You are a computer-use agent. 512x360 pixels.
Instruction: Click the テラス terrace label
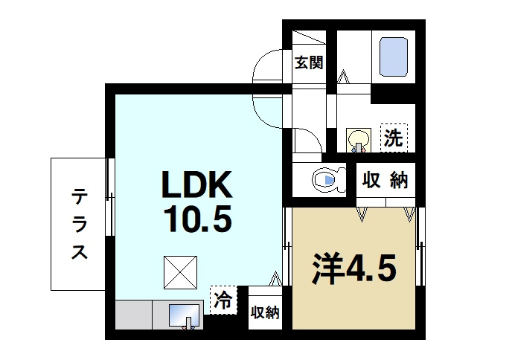click(x=80, y=224)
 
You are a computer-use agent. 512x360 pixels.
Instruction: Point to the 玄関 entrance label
click(x=307, y=62)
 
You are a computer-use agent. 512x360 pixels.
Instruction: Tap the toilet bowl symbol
click(x=325, y=179)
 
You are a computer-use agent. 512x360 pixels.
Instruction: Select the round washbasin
click(x=359, y=138)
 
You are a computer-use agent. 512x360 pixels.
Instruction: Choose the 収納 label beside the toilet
click(x=384, y=179)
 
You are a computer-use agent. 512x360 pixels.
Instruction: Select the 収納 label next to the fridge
click(x=264, y=312)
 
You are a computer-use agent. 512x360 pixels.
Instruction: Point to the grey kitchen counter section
click(x=134, y=316)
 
